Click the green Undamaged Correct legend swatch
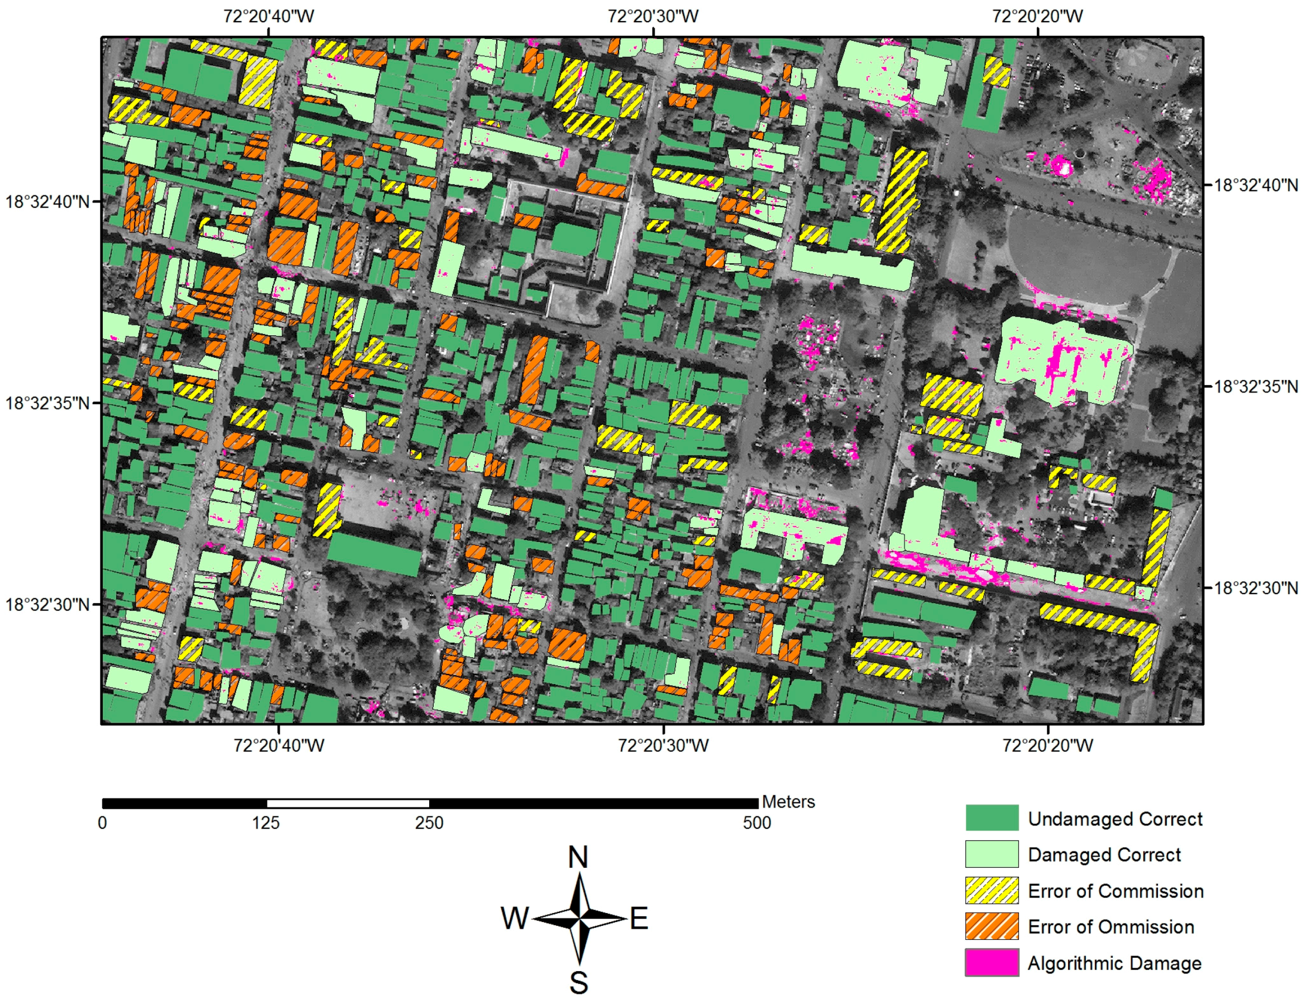[x=991, y=818]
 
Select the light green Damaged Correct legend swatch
[x=991, y=854]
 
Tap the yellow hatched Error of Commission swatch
[x=991, y=890]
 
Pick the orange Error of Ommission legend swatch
[x=991, y=926]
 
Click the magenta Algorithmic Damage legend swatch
[x=991, y=963]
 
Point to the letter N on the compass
[x=578, y=857]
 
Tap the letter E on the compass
[x=639, y=919]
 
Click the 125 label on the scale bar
[x=265, y=823]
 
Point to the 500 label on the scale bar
[x=757, y=823]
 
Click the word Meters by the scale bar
[x=788, y=802]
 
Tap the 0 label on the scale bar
[x=103, y=823]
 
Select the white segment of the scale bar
[x=348, y=803]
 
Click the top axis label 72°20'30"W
[x=653, y=16]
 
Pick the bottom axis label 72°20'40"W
[x=279, y=746]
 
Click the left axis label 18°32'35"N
[x=47, y=403]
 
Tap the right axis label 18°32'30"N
[x=1256, y=588]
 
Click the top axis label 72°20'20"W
[x=1037, y=16]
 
